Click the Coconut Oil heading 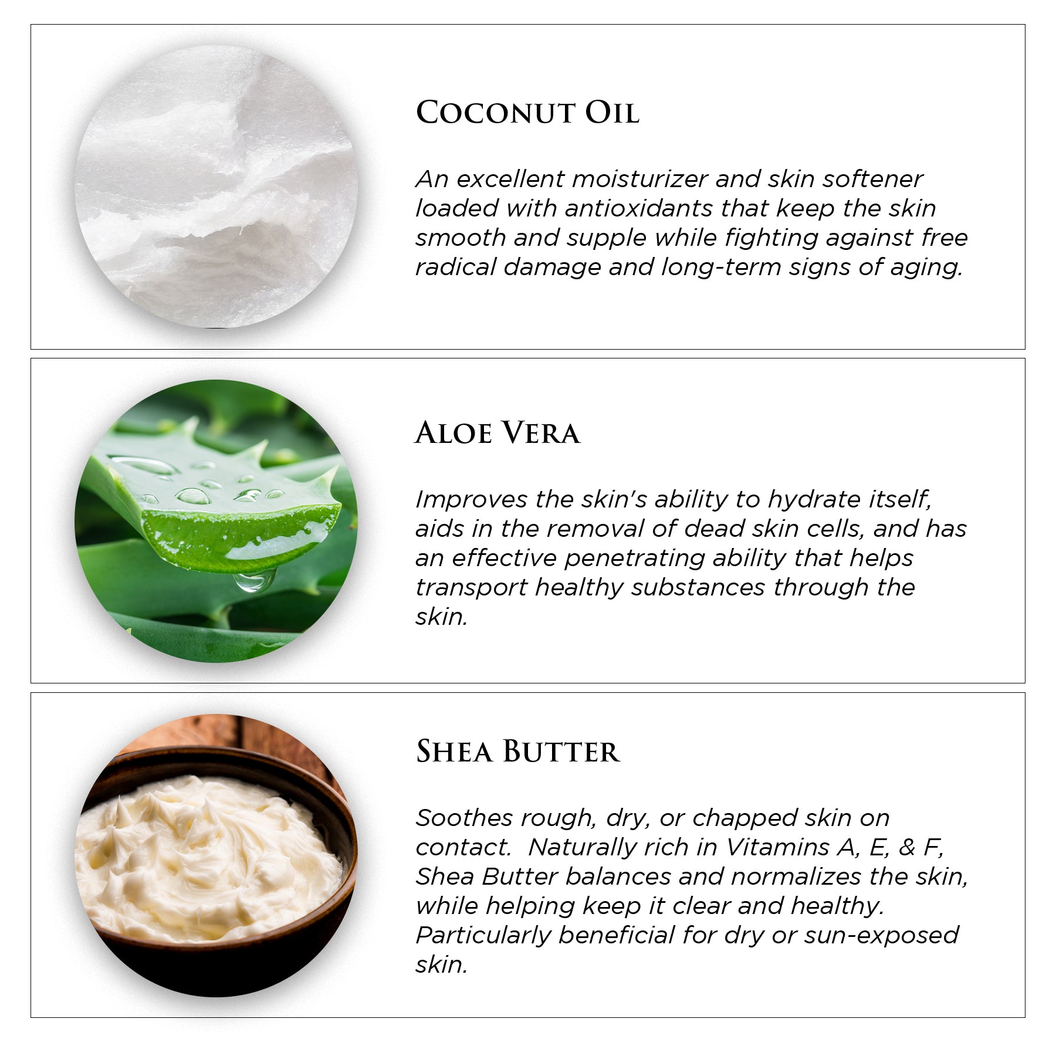click(527, 112)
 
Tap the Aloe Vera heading click(497, 434)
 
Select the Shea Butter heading click(517, 752)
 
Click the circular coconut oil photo click(216, 187)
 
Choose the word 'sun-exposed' click(881, 935)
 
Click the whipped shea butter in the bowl click(205, 857)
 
